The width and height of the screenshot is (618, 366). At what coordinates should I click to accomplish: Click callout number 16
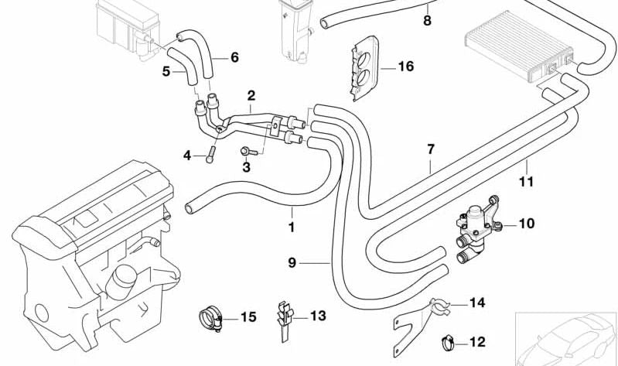click(x=406, y=67)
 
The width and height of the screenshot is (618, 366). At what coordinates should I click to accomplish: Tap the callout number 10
click(x=526, y=224)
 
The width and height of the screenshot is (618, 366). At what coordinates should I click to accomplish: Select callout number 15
click(x=248, y=316)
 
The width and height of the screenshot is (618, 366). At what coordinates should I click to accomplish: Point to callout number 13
click(x=319, y=316)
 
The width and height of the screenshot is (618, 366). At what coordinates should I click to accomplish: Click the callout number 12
click(x=477, y=341)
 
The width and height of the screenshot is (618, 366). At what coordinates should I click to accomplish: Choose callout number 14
click(x=476, y=303)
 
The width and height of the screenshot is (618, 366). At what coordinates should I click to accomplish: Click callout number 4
click(x=187, y=156)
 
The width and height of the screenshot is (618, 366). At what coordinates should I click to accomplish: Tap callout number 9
click(x=292, y=263)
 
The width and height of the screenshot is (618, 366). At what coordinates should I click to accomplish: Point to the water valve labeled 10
click(x=474, y=229)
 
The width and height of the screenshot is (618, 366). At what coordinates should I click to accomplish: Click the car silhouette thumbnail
click(x=565, y=337)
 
